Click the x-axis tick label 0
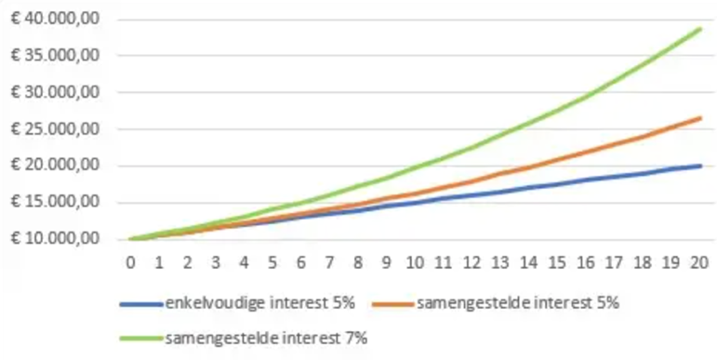(x=131, y=263)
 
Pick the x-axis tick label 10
(x=415, y=263)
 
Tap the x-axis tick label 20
(x=699, y=263)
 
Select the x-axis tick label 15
(x=557, y=263)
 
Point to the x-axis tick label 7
(x=330, y=263)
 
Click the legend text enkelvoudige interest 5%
(x=260, y=303)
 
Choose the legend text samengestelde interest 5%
(x=518, y=303)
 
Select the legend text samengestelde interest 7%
(x=266, y=339)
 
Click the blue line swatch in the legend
(x=141, y=304)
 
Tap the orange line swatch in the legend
(x=392, y=304)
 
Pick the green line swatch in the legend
(x=141, y=339)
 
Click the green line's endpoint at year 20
(x=700, y=29)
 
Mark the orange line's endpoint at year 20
(x=700, y=118)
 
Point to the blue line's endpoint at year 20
(x=700, y=166)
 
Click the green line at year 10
(x=415, y=167)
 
